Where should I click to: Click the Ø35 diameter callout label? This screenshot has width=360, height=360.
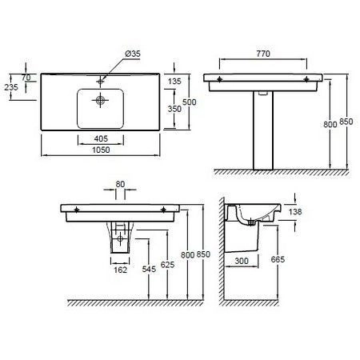click(133, 54)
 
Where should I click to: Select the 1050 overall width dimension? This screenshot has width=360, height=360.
click(101, 150)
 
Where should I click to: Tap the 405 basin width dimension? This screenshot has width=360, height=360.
click(101, 138)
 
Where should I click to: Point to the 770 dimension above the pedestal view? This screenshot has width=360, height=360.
click(263, 54)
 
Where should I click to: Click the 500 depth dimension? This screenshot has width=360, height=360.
click(190, 102)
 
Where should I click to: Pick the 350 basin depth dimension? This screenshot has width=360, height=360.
click(174, 109)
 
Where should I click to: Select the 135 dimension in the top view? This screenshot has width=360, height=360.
click(174, 81)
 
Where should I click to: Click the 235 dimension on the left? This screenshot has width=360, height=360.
click(11, 87)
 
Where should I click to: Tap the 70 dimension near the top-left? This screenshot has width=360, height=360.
click(26, 78)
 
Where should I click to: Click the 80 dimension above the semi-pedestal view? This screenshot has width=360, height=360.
click(120, 184)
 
